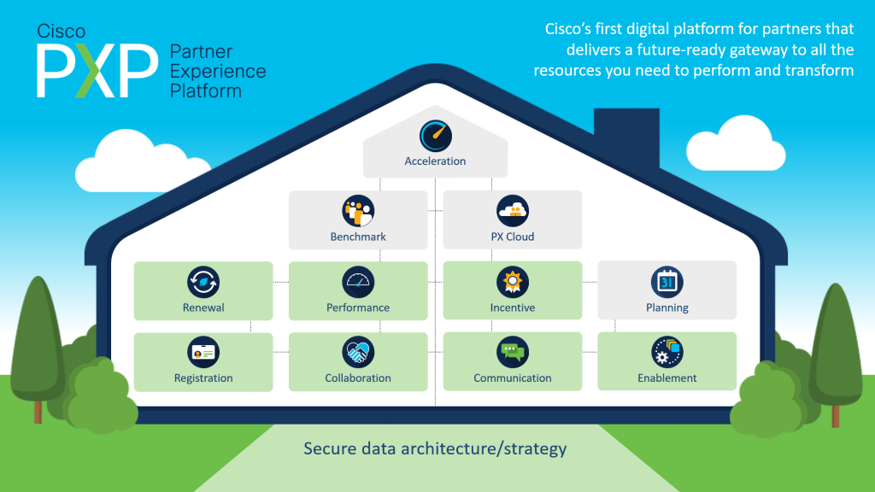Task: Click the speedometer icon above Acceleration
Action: tap(435, 136)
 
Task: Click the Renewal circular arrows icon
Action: tap(203, 281)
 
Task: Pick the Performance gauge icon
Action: tap(358, 281)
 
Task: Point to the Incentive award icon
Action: tap(513, 281)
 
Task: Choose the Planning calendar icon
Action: tap(667, 281)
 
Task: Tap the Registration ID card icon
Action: tap(203, 352)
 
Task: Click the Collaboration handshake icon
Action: tap(358, 352)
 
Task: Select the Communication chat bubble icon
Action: tap(513, 352)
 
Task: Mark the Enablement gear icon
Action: tap(667, 352)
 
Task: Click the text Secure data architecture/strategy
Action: tap(435, 448)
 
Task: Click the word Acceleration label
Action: tap(435, 161)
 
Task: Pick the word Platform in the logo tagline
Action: tap(206, 91)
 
